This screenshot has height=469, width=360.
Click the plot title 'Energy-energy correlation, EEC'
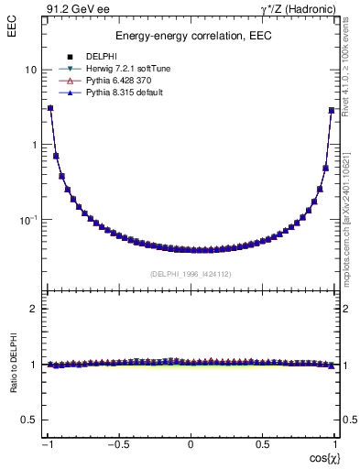190,36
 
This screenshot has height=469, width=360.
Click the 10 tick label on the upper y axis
31,71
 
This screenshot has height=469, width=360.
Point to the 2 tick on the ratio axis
34,309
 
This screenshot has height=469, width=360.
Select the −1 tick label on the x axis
48,444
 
